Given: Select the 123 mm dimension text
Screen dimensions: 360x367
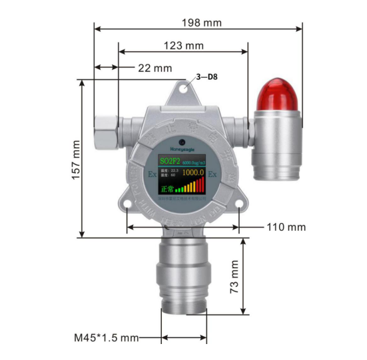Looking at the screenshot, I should tap(183, 46).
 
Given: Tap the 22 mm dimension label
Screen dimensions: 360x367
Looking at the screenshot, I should tap(154, 68).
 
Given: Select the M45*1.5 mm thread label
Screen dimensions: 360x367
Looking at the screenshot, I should tap(106, 337).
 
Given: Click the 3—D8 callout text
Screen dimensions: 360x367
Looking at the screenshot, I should tap(207, 77).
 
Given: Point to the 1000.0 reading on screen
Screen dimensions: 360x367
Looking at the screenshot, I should tap(192, 172).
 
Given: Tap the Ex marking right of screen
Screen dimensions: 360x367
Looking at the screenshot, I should tap(213, 174).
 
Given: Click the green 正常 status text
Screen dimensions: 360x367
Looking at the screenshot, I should tap(167, 188).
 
